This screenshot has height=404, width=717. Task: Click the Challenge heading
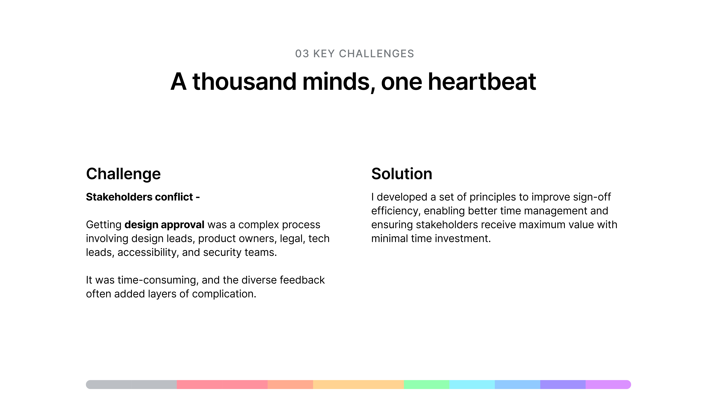pos(123,174)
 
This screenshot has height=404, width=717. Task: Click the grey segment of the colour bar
pos(131,385)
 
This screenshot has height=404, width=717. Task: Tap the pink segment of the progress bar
pos(222,385)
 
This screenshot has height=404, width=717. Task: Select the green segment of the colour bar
pos(426,385)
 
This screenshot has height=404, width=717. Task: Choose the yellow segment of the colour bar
pos(358,385)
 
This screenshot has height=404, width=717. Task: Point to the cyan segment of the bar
pos(472,385)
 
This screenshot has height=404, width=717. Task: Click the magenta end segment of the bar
pos(608,385)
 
